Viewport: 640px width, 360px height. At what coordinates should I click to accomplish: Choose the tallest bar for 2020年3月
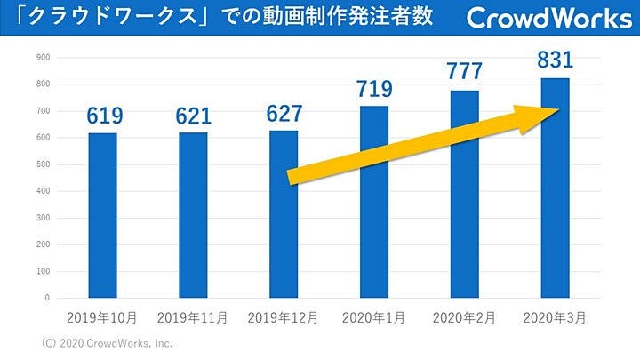click(x=555, y=188)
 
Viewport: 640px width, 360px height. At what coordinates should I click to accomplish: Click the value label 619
click(x=104, y=116)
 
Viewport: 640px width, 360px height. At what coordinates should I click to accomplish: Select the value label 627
click(x=284, y=114)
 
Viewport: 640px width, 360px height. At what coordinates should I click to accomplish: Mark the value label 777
click(x=465, y=72)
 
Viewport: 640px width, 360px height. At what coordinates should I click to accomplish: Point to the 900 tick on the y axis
click(x=43, y=58)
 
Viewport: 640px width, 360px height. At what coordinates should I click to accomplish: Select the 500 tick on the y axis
click(x=43, y=164)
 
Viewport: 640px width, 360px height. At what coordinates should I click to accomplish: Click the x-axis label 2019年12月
click(x=284, y=317)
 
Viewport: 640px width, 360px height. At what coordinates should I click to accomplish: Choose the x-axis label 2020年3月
click(x=555, y=317)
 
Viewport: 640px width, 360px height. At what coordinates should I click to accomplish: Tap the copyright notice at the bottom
click(x=108, y=343)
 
